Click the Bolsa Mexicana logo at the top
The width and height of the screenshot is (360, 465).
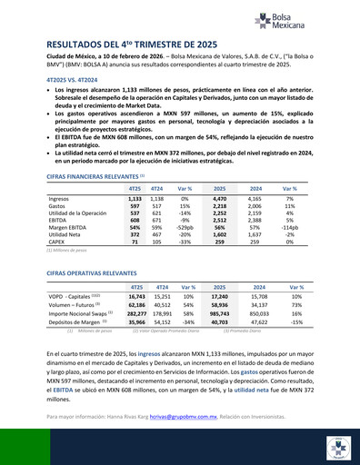click(288, 19)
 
